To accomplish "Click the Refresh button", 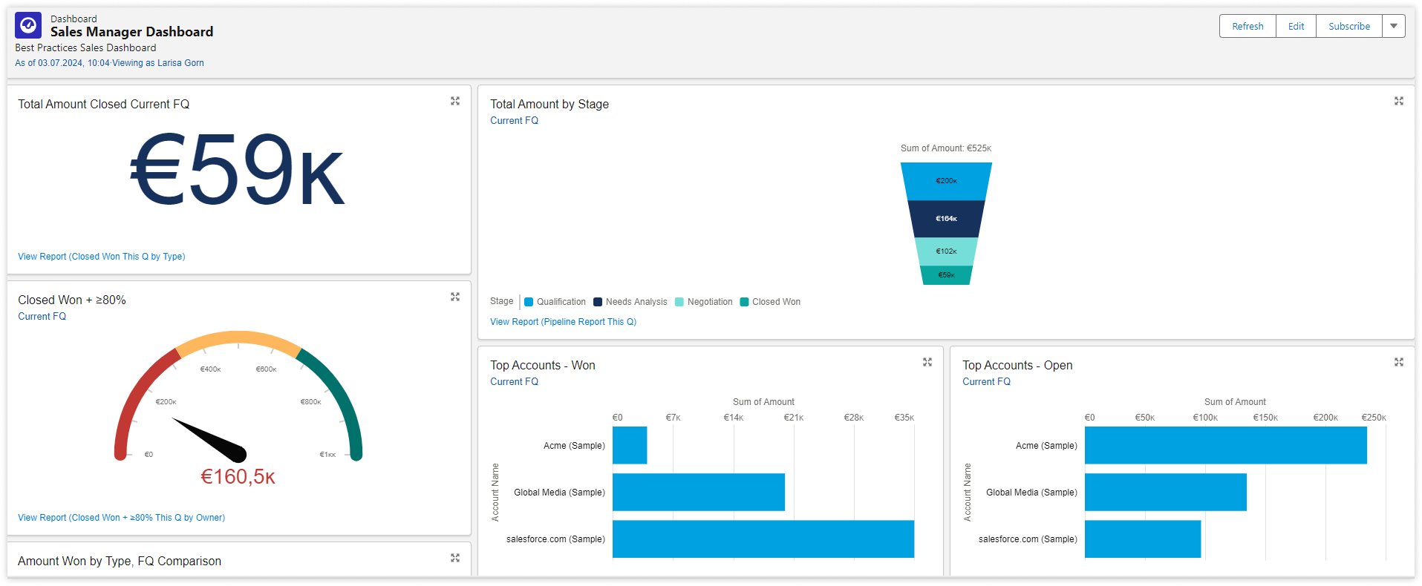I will pos(1247,26).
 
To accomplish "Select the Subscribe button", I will pos(1348,26).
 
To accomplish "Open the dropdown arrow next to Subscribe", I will pos(1394,26).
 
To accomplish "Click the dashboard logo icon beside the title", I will pos(28,25).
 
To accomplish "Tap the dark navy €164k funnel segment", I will pos(946,219).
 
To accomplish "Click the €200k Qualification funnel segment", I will pos(946,181).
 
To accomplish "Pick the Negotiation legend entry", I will pos(709,302).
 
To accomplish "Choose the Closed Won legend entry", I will pos(775,302).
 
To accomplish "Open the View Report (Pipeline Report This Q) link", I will pos(563,322).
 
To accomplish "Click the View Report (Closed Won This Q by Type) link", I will pos(102,257).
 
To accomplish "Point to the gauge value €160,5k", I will pos(238,477).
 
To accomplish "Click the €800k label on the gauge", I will pos(310,402).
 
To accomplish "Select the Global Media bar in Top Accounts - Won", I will pos(698,492).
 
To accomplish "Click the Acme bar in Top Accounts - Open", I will pos(1225,445).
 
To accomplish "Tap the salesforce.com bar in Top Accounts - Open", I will pos(1142,539).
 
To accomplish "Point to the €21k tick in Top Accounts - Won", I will pos(793,418).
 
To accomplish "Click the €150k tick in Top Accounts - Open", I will pos(1265,418).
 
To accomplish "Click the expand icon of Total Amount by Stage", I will pos(1398,101).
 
